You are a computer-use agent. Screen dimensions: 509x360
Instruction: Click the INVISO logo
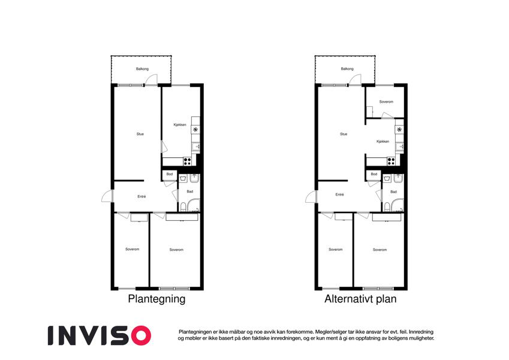pyautogui.click(x=100, y=335)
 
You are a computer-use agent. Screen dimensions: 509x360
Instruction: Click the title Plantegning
pyautogui.click(x=157, y=299)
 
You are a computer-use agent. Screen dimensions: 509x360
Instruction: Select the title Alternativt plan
pyautogui.click(x=361, y=299)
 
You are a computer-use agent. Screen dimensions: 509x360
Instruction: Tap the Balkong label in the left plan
pyautogui.click(x=143, y=69)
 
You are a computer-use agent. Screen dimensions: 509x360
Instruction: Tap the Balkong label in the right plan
pyautogui.click(x=347, y=69)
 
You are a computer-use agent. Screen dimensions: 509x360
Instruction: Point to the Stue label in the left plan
pyautogui.click(x=140, y=134)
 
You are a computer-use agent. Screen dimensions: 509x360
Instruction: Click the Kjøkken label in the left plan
pyautogui.click(x=180, y=125)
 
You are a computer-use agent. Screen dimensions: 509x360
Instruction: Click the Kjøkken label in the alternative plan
pyautogui.click(x=383, y=142)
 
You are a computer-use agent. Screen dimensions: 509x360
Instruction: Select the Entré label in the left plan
pyautogui.click(x=141, y=197)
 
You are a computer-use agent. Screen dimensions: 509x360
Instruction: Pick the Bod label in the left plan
pyautogui.click(x=170, y=174)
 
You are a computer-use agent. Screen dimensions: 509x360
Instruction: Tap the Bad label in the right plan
pyautogui.click(x=393, y=191)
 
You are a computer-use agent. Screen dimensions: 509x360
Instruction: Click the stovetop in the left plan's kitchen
pyautogui.click(x=187, y=161)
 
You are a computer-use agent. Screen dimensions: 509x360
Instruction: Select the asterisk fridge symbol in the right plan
pyautogui.click(x=399, y=130)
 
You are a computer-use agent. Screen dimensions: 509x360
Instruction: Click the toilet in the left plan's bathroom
pyautogui.click(x=183, y=207)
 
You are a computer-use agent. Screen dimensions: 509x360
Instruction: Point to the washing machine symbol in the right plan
pyautogui.click(x=387, y=179)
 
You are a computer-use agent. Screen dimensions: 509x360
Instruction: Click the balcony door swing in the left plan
pyautogui.click(x=151, y=80)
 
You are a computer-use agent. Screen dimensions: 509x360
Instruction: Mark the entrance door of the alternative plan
pyautogui.click(x=311, y=197)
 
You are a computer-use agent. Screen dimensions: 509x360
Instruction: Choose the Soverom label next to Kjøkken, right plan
pyautogui.click(x=386, y=101)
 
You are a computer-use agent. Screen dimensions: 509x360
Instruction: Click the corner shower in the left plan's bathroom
pyautogui.click(x=194, y=206)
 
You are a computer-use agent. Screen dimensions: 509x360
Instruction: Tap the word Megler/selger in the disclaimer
pyautogui.click(x=330, y=332)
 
